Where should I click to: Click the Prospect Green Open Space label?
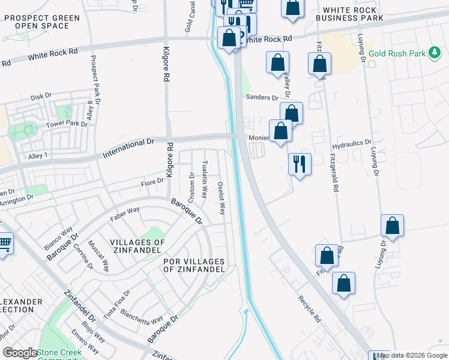pos(41,22)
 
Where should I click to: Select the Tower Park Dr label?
pos(67,125)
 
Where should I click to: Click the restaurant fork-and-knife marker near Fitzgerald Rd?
pos(300,163)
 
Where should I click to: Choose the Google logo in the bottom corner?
pos(20,353)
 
